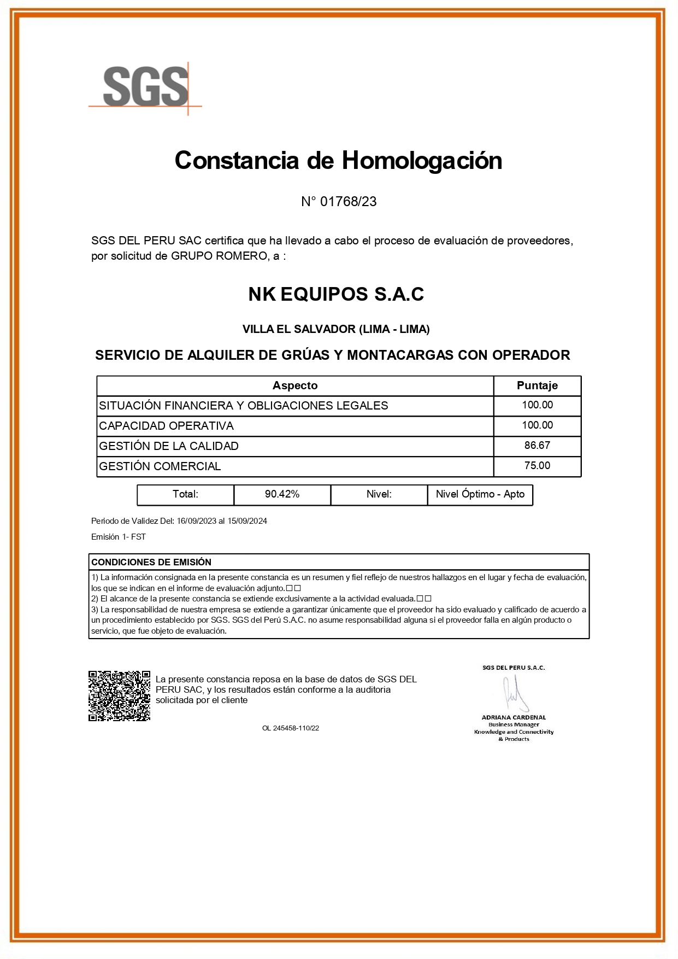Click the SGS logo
tap(145, 87)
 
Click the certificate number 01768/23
tap(348, 202)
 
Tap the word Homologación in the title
tap(422, 161)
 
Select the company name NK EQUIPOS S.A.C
tap(336, 295)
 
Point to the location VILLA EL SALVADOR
tap(299, 329)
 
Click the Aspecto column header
tap(295, 385)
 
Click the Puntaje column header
tap(537, 385)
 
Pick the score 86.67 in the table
tap(537, 446)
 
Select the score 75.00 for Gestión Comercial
tap(537, 466)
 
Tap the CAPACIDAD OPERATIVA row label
tap(167, 426)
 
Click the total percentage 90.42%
tap(282, 494)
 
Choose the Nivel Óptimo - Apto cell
tap(480, 494)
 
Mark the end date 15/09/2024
tap(247, 521)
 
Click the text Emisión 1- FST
tap(119, 537)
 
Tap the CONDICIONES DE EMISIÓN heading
tap(151, 562)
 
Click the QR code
tap(120, 696)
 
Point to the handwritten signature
tap(514, 693)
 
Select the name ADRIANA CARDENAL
tap(514, 717)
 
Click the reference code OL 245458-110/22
tap(291, 728)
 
